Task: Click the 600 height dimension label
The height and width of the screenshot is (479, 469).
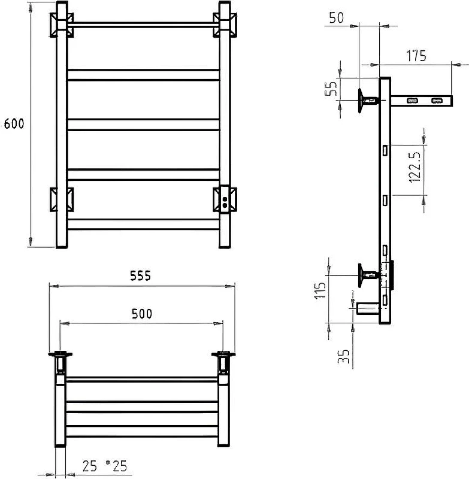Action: click(14, 124)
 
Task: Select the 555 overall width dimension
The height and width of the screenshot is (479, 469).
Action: click(141, 276)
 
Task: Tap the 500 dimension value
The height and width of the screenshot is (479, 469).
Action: click(142, 314)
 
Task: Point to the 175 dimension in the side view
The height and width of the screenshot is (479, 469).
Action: click(416, 56)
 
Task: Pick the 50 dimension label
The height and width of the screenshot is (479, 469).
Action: click(337, 18)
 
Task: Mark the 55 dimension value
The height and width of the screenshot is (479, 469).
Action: click(331, 87)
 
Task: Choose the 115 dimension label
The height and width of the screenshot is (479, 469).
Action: click(320, 290)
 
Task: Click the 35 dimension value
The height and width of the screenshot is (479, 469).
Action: click(343, 356)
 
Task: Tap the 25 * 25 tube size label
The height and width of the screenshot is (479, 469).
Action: click(104, 466)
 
